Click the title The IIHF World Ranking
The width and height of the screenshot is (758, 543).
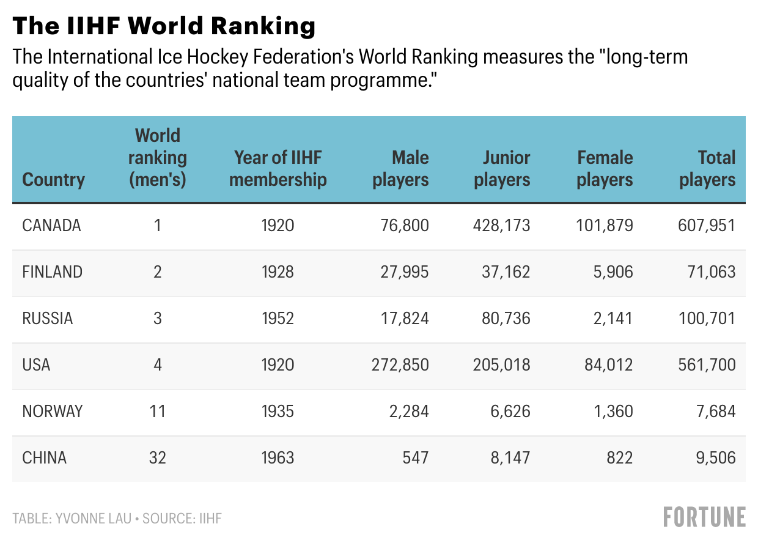tap(164, 26)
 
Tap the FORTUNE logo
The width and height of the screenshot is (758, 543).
tap(704, 517)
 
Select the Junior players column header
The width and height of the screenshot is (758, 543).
tap(502, 168)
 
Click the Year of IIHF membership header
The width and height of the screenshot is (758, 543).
tap(278, 168)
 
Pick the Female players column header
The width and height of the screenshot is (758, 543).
tap(605, 168)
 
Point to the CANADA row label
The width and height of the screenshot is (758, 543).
tap(51, 226)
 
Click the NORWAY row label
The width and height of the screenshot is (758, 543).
tap(52, 411)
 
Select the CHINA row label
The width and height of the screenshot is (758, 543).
tap(44, 457)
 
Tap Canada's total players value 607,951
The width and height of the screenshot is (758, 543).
tap(707, 226)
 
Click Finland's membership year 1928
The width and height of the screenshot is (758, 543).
tap(278, 272)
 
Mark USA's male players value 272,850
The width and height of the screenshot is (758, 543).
tap(400, 365)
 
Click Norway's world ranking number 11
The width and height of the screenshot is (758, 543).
tap(158, 411)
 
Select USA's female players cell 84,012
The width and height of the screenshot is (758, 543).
tap(608, 365)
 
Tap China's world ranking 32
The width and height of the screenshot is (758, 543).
tap(158, 457)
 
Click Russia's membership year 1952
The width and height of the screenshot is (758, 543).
tap(278, 319)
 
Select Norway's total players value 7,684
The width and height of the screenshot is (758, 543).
tap(715, 411)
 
